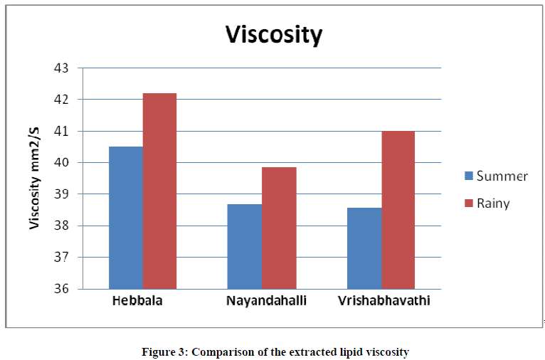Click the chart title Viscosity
click(x=274, y=35)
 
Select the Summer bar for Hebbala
click(x=126, y=217)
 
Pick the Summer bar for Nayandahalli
click(x=244, y=246)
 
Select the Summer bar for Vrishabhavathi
click(x=364, y=248)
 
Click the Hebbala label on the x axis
click(x=137, y=301)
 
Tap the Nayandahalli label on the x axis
click(x=267, y=301)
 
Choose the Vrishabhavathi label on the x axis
click(x=385, y=301)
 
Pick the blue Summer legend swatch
click(x=469, y=176)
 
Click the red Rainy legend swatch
click(x=469, y=203)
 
